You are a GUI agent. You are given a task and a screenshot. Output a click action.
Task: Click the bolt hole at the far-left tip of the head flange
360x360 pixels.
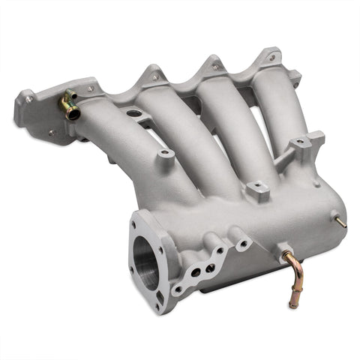(28, 98)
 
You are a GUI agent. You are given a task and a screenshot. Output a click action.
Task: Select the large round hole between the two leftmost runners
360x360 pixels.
(134, 113)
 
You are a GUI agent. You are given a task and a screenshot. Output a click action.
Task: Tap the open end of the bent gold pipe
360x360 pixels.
(294, 304)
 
